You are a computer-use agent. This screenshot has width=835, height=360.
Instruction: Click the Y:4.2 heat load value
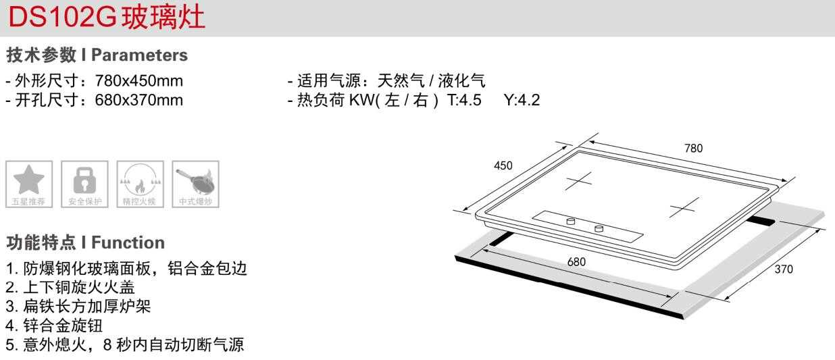point(522,101)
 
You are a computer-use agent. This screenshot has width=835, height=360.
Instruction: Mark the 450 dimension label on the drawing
point(503,165)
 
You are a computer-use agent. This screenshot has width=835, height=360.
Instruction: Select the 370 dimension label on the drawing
point(784,269)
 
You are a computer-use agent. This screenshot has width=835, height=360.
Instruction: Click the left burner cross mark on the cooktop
point(578,181)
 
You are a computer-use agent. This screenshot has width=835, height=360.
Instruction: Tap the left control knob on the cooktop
point(571,221)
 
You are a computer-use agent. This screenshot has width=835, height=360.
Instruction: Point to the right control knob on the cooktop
point(599,229)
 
